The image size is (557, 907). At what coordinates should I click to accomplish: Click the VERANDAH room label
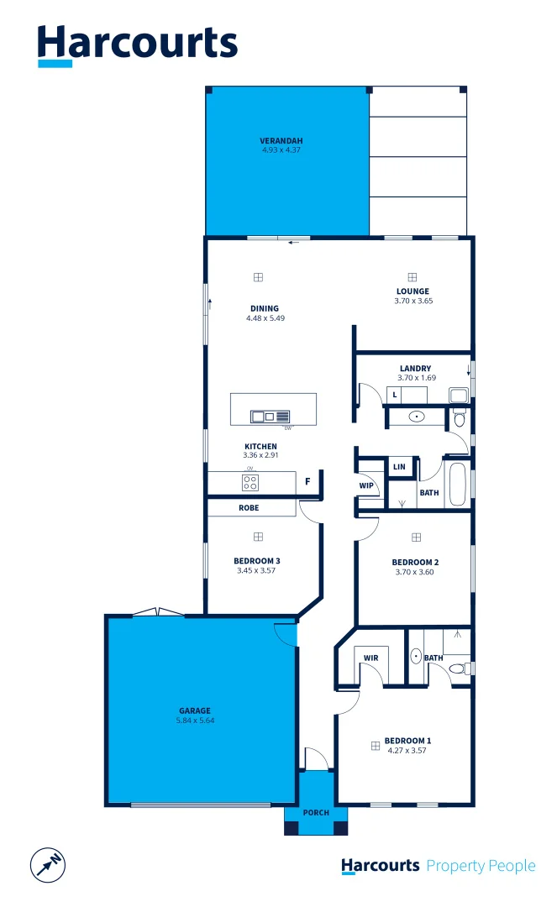click(281, 140)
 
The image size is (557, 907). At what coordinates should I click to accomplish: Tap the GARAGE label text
click(194, 710)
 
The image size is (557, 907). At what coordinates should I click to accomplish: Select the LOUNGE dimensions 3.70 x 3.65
click(412, 301)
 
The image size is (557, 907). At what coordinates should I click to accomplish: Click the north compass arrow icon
click(48, 864)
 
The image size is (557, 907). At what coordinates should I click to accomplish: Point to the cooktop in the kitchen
click(250, 482)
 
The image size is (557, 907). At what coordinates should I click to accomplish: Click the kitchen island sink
click(263, 416)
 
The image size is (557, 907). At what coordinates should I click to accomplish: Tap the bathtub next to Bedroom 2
click(457, 485)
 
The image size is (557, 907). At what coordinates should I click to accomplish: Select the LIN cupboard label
click(398, 467)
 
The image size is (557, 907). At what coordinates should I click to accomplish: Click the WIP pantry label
click(366, 485)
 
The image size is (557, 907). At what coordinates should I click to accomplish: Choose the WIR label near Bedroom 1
click(370, 658)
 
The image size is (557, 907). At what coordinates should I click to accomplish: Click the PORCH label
click(316, 813)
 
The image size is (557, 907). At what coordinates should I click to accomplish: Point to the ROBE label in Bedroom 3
click(249, 508)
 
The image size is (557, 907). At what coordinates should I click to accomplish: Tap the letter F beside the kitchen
click(308, 482)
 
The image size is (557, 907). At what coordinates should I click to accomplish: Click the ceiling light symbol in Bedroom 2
click(415, 537)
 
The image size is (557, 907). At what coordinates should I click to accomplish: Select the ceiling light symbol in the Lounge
click(412, 277)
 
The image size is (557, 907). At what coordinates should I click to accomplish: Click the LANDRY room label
click(416, 369)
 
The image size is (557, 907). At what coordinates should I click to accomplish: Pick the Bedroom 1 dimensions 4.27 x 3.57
click(407, 750)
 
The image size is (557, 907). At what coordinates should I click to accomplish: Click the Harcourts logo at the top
click(138, 45)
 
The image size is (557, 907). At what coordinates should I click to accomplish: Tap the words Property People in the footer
click(481, 866)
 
